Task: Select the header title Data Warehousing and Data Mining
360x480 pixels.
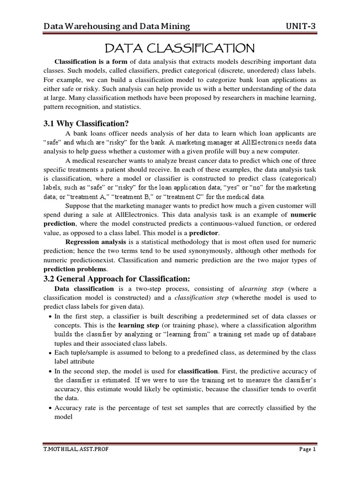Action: pyautogui.click(x=117, y=26)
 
